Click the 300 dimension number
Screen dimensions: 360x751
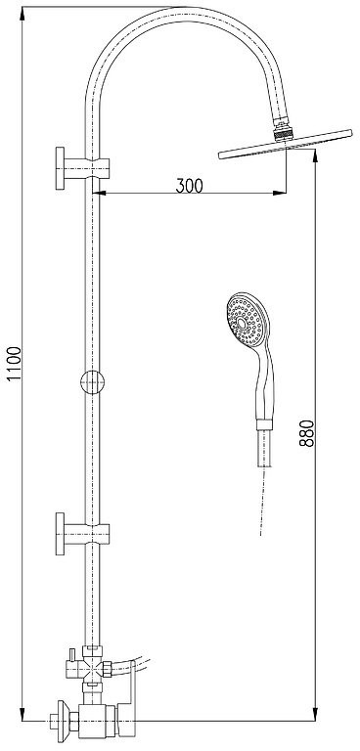pyautogui.click(x=189, y=186)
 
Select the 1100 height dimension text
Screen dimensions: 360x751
pyautogui.click(x=15, y=364)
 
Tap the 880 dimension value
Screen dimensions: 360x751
pyautogui.click(x=307, y=433)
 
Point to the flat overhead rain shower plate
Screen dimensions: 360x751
pyautogui.click(x=286, y=144)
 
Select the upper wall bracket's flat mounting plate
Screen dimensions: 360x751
pyautogui.click(x=60, y=168)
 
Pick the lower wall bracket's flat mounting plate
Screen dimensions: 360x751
pyautogui.click(x=60, y=534)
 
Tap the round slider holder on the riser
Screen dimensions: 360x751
pyautogui.click(x=92, y=382)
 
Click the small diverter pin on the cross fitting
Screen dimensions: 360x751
pyautogui.click(x=72, y=654)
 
